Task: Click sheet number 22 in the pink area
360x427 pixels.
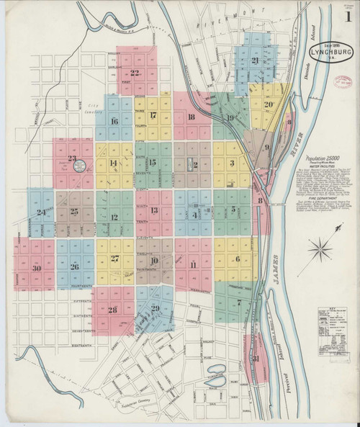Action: pos(134,72)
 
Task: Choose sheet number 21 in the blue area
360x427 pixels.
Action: pos(256,60)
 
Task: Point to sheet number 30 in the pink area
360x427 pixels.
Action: pos(37,268)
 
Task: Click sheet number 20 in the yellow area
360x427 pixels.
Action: pos(267,104)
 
